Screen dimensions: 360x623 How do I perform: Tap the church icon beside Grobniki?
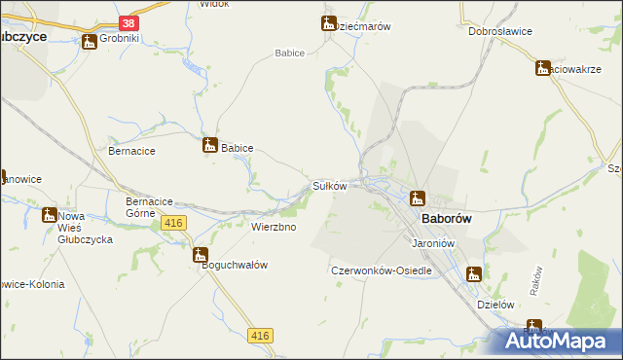90,41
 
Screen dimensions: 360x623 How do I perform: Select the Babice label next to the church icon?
238,148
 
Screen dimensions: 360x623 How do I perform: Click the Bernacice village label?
132,152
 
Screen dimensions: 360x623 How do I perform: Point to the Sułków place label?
329,185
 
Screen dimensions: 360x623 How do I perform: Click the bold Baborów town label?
447,219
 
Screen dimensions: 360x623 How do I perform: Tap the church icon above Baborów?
417,197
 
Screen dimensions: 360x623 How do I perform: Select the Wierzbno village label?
274,227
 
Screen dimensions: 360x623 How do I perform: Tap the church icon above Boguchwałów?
202,256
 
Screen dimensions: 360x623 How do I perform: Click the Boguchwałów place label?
235,265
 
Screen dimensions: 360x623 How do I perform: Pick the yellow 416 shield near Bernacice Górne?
174,224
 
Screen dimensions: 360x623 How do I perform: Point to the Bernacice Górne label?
150,207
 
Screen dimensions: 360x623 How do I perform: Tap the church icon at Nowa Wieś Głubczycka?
49,215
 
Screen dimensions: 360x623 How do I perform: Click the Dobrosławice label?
499,31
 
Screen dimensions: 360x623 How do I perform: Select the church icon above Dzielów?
474,274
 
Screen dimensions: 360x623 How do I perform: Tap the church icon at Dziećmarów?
328,23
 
